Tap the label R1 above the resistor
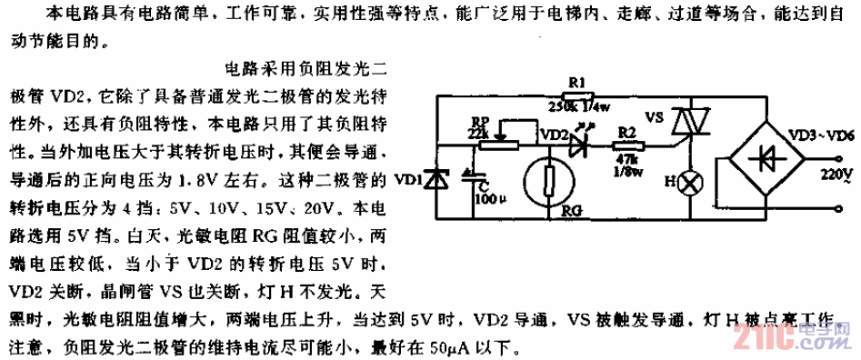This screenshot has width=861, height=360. (x=576, y=83)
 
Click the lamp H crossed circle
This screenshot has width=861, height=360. (x=691, y=182)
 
